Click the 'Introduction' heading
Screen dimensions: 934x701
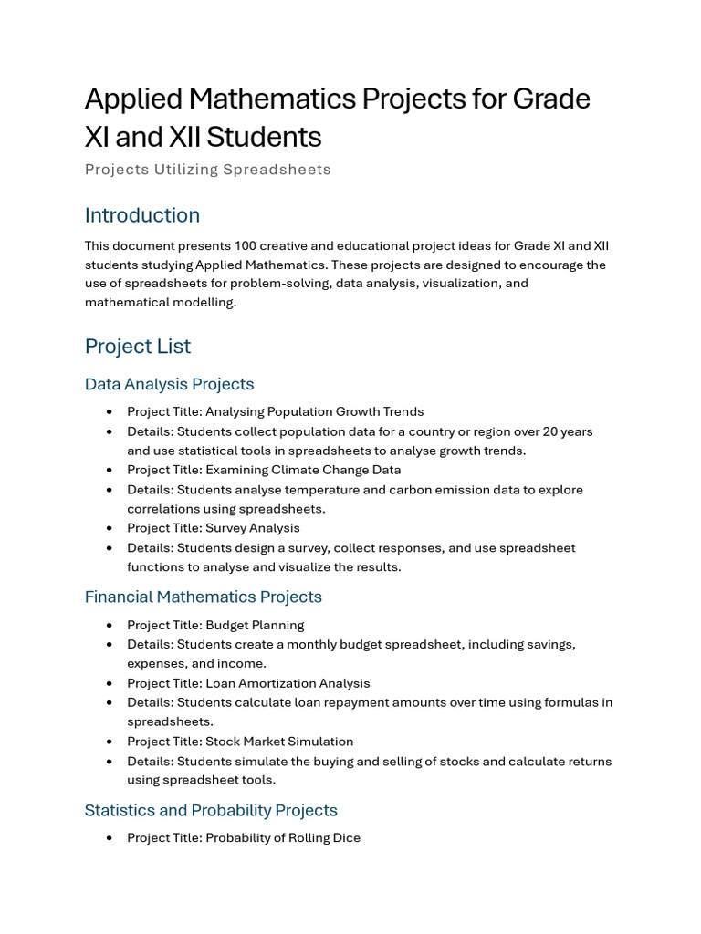point(141,215)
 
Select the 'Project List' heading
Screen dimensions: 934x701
point(138,347)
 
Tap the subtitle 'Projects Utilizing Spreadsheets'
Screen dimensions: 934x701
point(207,170)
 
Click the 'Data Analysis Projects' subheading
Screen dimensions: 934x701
point(169,384)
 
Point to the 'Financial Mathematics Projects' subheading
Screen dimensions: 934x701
point(203,597)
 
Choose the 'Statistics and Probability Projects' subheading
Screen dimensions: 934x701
point(211,810)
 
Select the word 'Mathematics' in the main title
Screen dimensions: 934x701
point(302,99)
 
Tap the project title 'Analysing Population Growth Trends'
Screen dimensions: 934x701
point(314,411)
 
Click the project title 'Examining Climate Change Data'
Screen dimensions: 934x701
point(302,470)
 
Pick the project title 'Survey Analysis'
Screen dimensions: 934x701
point(252,527)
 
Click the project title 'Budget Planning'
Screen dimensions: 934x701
point(255,625)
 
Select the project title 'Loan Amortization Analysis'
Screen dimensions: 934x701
point(288,683)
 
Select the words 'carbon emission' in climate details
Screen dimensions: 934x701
point(426,490)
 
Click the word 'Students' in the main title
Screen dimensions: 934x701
point(264,137)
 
